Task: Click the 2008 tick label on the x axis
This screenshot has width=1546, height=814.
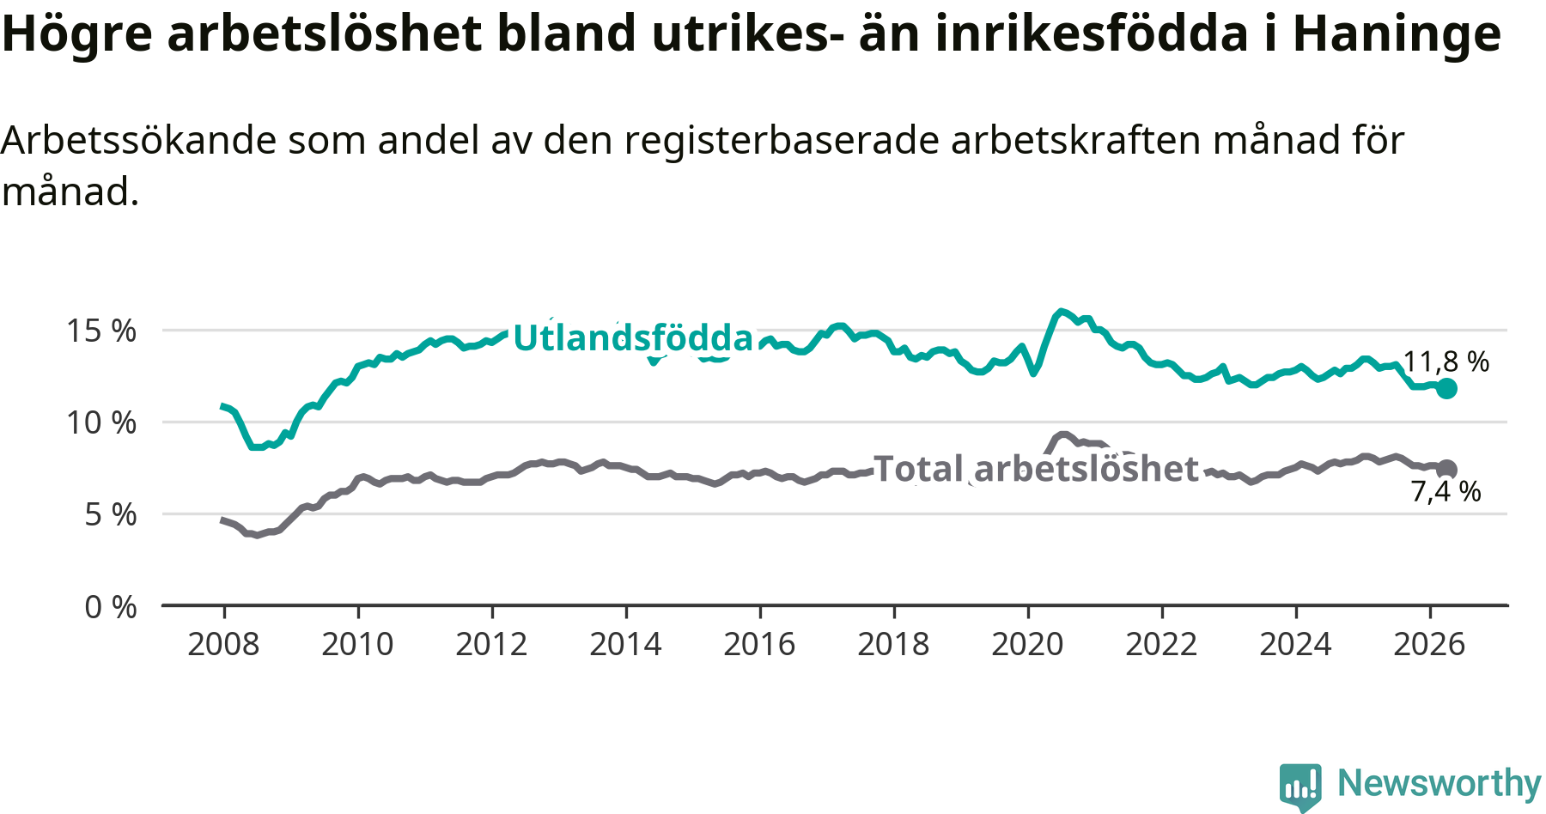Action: point(223,644)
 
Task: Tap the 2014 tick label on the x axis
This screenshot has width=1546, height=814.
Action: point(625,644)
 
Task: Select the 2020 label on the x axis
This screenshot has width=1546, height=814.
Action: point(1027,644)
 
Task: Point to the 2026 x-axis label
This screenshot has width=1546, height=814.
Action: point(1429,644)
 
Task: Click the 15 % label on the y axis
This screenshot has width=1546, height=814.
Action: point(101,331)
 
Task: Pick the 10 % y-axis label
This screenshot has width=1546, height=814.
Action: point(101,422)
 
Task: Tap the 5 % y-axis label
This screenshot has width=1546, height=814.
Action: point(111,514)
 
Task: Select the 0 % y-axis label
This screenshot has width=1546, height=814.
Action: point(111,607)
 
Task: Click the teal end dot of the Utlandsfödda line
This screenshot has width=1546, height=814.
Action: point(1446,388)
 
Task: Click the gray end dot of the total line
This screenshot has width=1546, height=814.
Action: point(1446,469)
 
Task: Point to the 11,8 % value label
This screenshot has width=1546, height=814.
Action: point(1446,361)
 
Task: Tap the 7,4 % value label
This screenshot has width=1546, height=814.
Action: point(1446,491)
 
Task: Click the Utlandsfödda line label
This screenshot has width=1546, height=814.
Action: point(633,337)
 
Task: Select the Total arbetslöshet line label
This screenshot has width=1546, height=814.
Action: point(1035,469)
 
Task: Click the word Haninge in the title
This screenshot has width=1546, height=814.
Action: point(1397,34)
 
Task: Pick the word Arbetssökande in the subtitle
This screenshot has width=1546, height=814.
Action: point(138,140)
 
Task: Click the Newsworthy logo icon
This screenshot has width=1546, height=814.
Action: point(1300,786)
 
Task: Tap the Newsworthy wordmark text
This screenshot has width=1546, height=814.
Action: point(1439,783)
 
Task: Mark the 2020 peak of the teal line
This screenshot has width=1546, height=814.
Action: point(1062,311)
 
